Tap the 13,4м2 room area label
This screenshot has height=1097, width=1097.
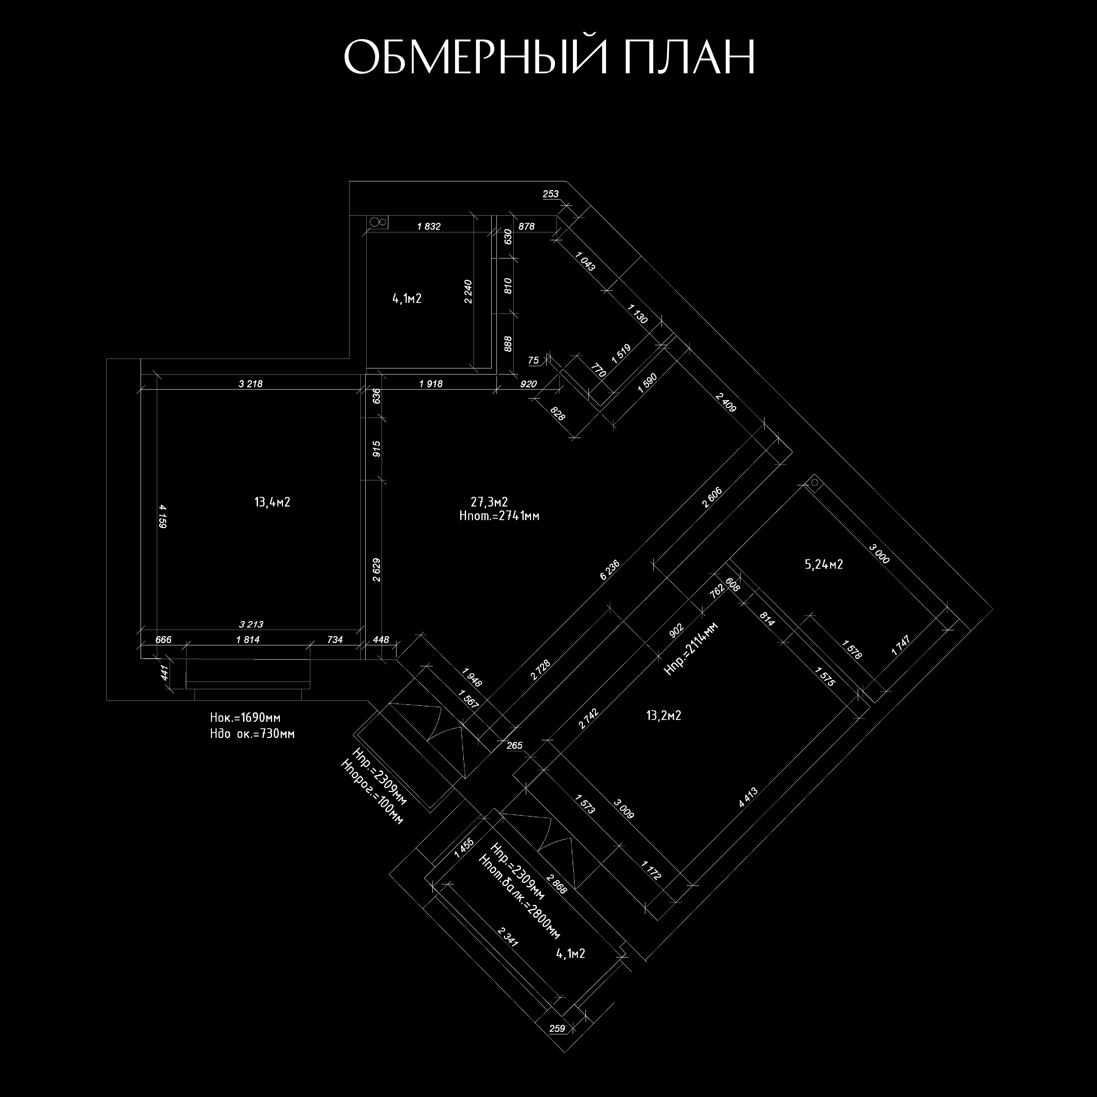tap(273, 502)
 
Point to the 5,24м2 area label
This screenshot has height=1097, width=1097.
tap(824, 564)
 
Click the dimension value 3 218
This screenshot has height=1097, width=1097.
tap(250, 384)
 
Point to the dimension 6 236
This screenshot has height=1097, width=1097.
tap(609, 570)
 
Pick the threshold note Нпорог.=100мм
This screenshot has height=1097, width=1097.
tap(372, 793)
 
